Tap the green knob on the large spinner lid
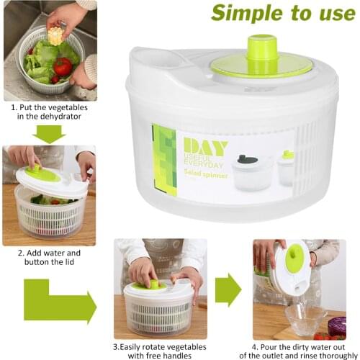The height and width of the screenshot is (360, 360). click(x=261, y=49)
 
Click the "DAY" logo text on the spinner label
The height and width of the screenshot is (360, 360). click(x=205, y=147)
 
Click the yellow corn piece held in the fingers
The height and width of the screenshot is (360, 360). click(x=55, y=36)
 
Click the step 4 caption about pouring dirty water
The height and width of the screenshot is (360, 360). click(x=295, y=349)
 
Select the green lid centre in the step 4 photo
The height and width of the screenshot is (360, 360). click(x=295, y=260)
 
